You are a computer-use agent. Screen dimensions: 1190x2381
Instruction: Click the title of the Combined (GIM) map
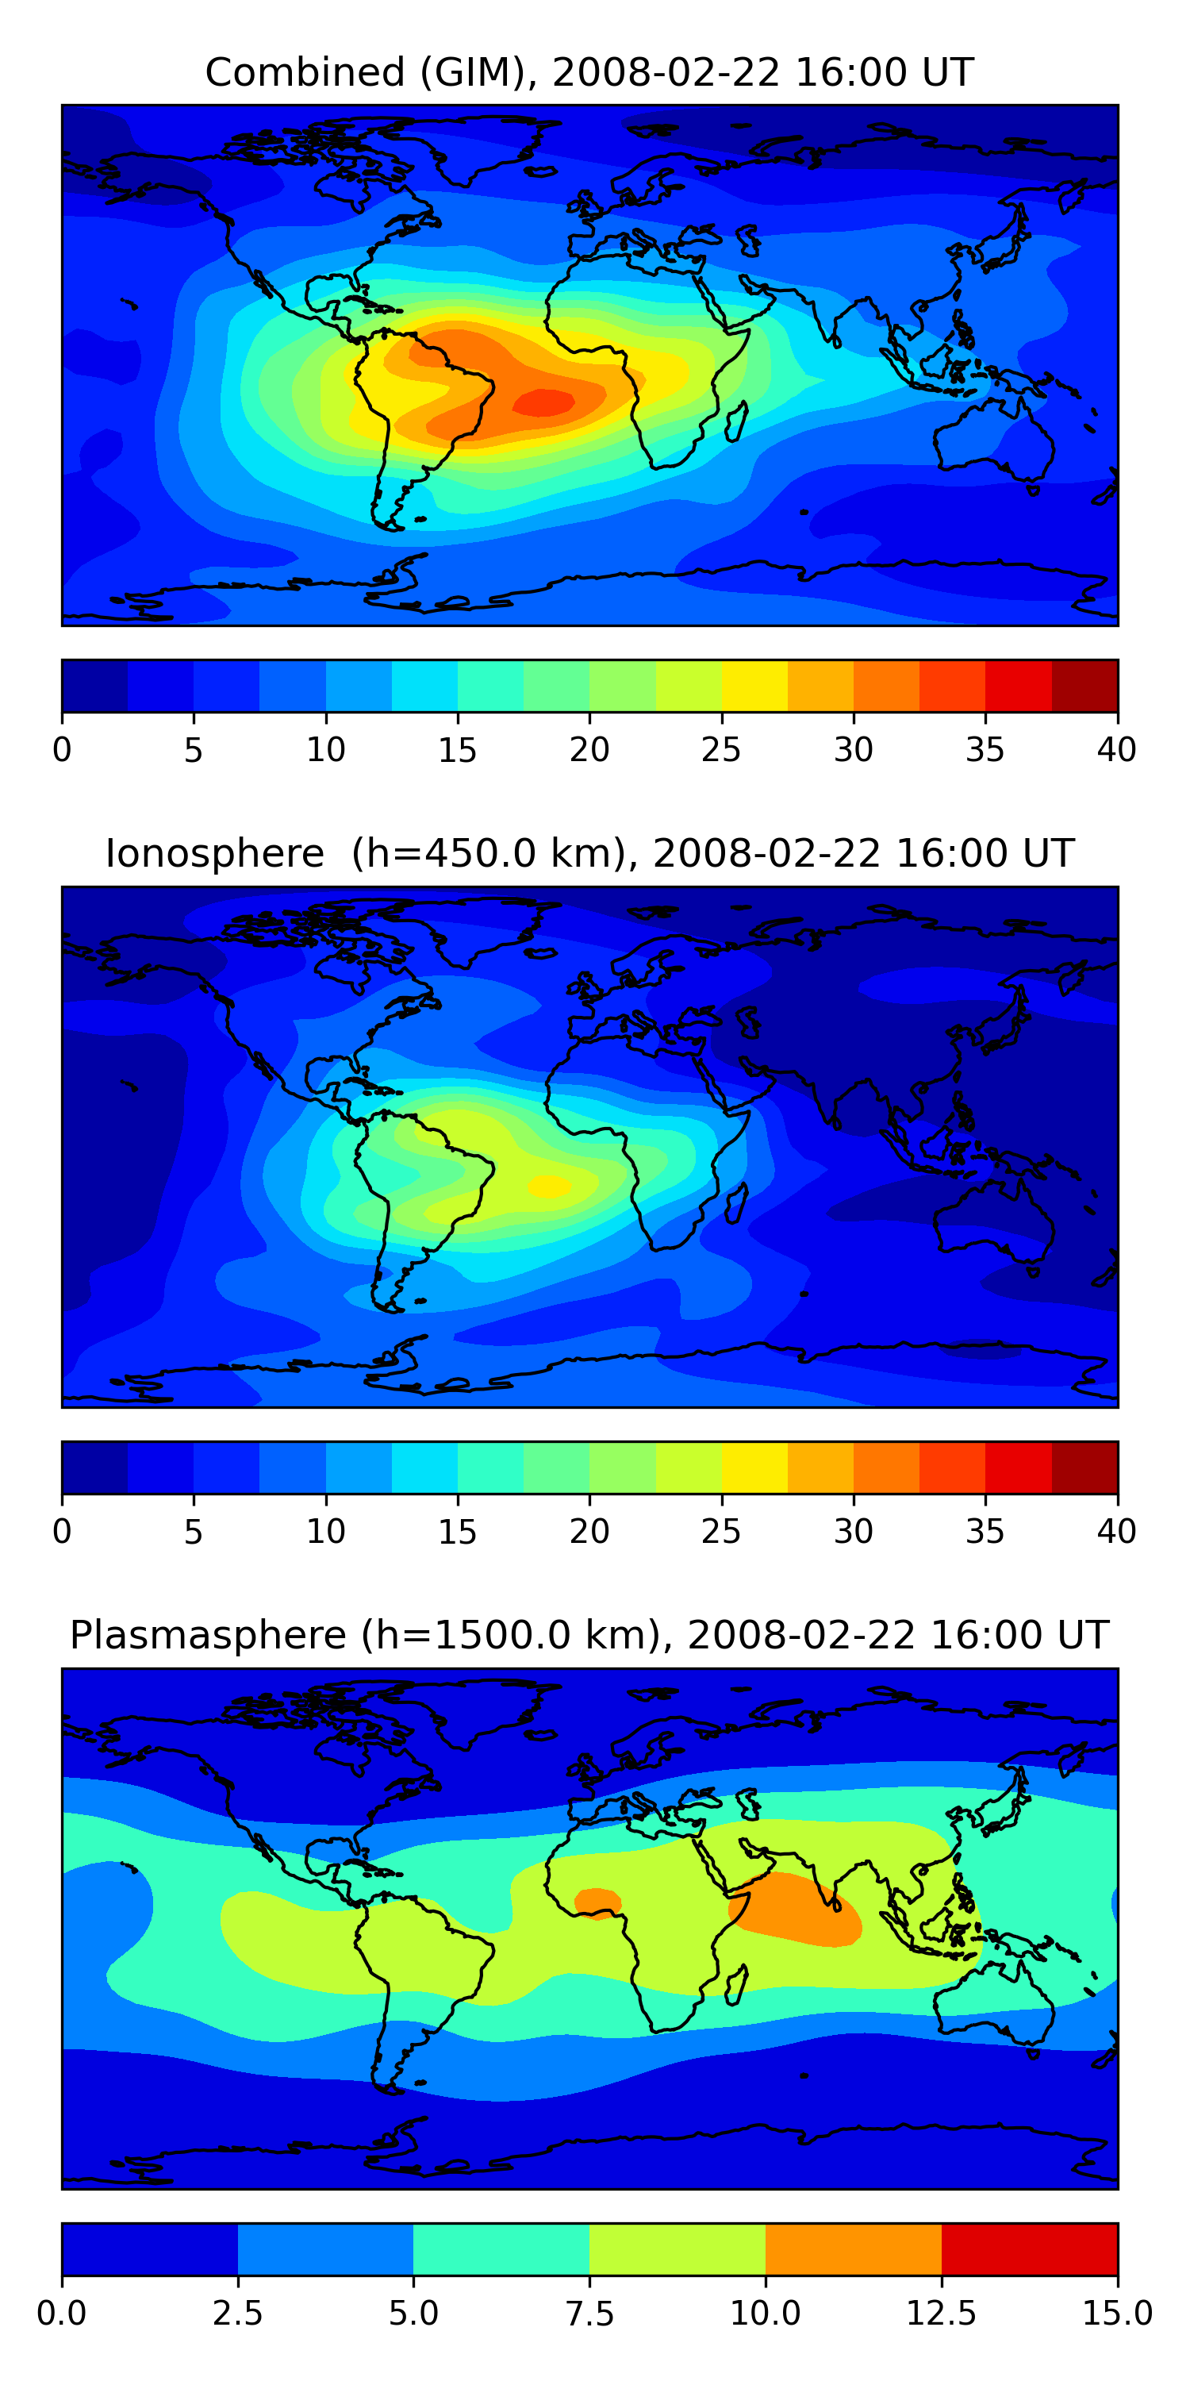click(x=589, y=72)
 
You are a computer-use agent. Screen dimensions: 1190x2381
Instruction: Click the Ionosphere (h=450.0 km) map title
click(x=589, y=853)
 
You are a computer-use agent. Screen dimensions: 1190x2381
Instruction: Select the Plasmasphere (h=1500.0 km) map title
click(x=589, y=1634)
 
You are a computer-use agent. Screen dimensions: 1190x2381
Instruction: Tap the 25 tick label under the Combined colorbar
click(x=720, y=749)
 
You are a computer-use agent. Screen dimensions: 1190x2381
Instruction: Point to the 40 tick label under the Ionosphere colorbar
click(x=1116, y=1531)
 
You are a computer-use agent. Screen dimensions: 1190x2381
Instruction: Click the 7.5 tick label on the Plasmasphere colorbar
click(x=589, y=2313)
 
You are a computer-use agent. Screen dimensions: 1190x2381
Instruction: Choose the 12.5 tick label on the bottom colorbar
click(x=941, y=2313)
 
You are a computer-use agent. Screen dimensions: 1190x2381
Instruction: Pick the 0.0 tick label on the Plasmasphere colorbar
click(x=62, y=2313)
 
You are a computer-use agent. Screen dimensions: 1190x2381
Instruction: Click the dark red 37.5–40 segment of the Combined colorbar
click(x=1084, y=686)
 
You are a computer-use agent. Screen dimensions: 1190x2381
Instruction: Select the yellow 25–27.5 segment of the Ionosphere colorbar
click(x=754, y=1467)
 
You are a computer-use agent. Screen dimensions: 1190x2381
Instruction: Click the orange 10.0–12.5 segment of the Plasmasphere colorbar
click(x=854, y=2248)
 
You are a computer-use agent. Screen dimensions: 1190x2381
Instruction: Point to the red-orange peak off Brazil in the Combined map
click(x=544, y=402)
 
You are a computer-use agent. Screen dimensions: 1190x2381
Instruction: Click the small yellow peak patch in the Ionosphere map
click(x=550, y=1185)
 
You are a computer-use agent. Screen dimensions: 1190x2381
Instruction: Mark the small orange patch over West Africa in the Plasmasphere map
click(x=597, y=1902)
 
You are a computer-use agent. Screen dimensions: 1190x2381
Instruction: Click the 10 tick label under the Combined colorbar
click(x=325, y=749)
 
